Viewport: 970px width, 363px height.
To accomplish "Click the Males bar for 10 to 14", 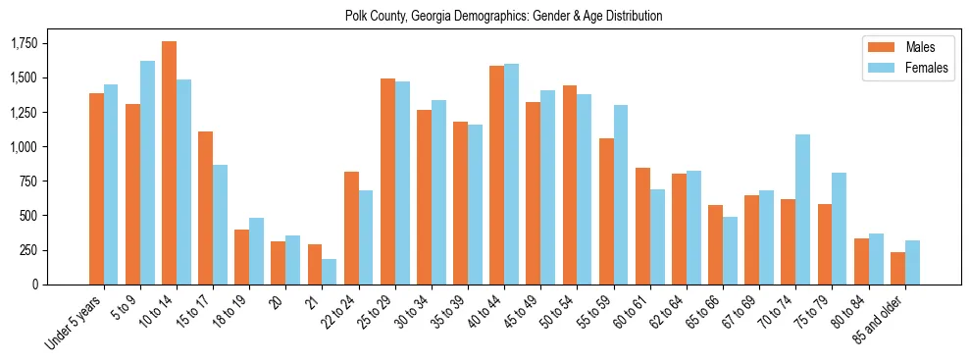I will pyautogui.click(x=169, y=163).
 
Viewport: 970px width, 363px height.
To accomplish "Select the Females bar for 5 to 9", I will pyautogui.click(x=147, y=173).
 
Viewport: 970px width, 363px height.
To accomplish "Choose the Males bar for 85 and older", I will pyautogui.click(x=897, y=268).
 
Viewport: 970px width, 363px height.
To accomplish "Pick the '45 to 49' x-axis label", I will pyautogui.click(x=523, y=312).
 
